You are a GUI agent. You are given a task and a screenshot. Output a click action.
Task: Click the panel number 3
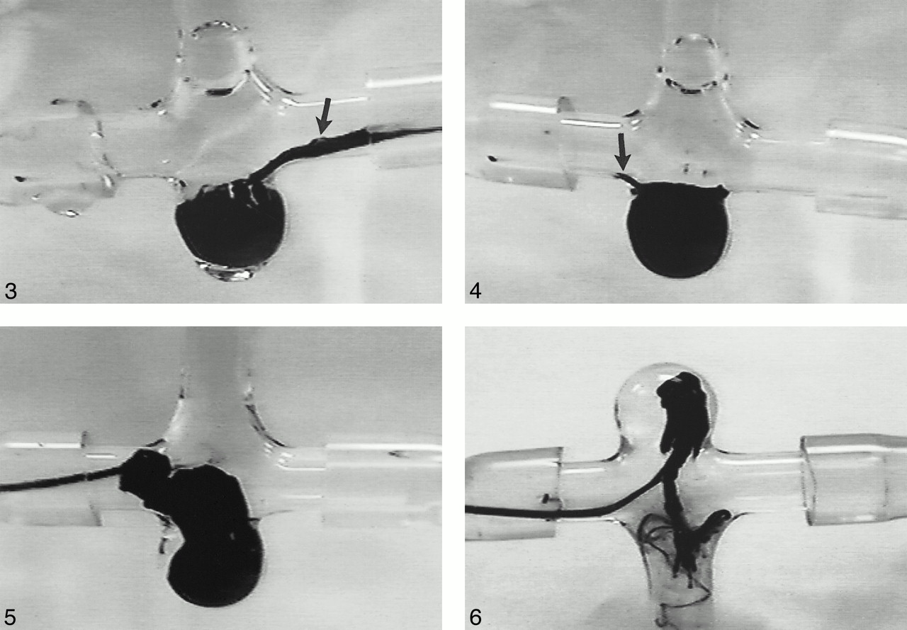[11, 291]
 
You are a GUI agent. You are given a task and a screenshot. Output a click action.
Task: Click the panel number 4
[475, 291]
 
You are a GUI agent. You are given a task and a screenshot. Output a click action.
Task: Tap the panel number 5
[11, 617]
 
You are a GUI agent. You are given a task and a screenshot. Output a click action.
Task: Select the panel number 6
[475, 617]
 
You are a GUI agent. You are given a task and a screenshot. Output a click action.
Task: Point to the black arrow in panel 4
[622, 151]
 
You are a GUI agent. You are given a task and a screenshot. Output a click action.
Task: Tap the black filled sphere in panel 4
[677, 229]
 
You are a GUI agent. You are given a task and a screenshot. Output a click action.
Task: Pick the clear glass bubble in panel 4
[693, 63]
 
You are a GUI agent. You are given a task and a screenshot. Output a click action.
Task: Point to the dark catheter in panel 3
[344, 142]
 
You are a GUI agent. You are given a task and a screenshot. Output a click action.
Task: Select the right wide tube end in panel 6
[855, 480]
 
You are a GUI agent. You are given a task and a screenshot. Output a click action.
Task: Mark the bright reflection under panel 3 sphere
[227, 273]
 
